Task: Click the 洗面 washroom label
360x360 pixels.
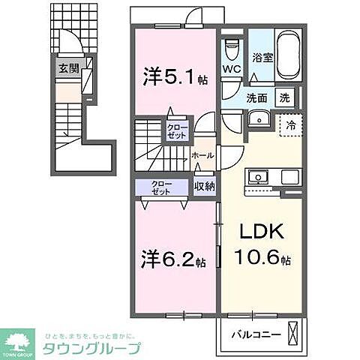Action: click(257, 97)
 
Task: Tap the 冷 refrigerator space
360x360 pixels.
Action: click(288, 126)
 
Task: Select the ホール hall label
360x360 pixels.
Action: click(202, 155)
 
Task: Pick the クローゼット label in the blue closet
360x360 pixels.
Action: click(161, 187)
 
